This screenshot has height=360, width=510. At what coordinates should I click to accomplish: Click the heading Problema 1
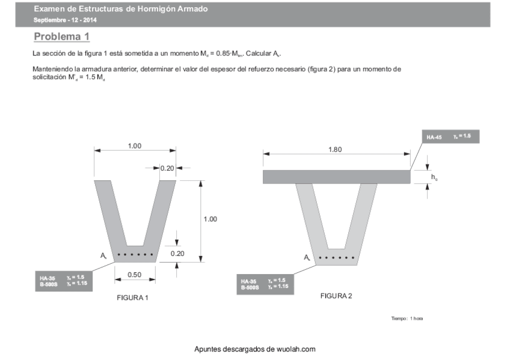62,37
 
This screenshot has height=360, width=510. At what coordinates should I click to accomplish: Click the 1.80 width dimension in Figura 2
336,150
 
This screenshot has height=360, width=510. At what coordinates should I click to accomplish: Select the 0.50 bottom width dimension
135,275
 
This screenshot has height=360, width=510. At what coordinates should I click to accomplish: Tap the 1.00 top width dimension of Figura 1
135,146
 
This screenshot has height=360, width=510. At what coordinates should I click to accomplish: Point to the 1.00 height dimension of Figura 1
210,219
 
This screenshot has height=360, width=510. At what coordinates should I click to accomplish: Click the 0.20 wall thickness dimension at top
167,168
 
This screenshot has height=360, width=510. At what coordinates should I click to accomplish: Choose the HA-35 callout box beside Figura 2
265,284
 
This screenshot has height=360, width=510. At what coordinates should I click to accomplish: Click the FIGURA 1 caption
132,298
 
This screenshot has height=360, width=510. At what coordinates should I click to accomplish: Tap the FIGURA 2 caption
336,296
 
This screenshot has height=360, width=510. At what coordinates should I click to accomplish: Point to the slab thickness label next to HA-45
434,177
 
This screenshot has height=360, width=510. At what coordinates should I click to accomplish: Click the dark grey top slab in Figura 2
336,177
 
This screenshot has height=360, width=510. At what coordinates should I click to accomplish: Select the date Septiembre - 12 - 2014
66,20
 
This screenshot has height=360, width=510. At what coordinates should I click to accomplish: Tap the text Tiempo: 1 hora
407,318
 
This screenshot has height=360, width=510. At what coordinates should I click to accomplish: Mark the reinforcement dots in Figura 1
135,255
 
